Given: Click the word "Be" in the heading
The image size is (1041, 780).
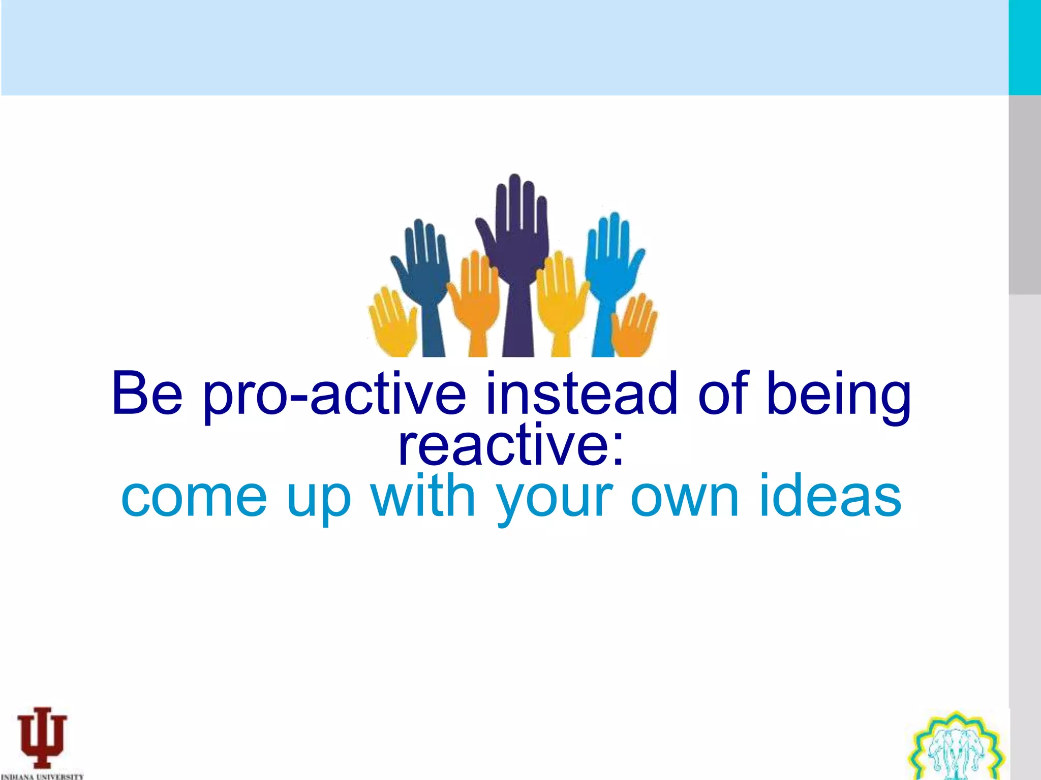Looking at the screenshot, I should click(x=147, y=394).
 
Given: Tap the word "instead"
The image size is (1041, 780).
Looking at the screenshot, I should click(x=581, y=394).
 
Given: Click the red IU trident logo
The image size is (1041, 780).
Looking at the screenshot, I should click(x=42, y=736).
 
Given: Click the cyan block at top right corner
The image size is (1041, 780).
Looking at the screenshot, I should click(x=1024, y=47).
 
